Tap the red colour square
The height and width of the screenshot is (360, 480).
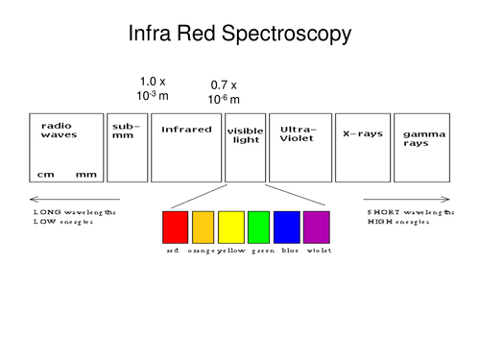coord(175,228)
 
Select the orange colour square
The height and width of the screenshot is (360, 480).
coord(203,228)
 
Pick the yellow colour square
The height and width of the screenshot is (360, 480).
coord(231,228)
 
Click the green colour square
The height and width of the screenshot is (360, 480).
coord(259,228)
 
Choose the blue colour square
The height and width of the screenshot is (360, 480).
coord(287,228)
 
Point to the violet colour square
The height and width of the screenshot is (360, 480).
coord(316,228)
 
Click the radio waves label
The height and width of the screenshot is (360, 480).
coord(59,131)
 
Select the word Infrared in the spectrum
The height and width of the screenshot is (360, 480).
coord(186,129)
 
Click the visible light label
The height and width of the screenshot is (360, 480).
coord(246,134)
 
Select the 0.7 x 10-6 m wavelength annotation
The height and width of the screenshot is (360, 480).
coord(224,93)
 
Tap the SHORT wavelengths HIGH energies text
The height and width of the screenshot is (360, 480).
coord(409,216)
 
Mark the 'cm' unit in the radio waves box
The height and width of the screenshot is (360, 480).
coord(45,175)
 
